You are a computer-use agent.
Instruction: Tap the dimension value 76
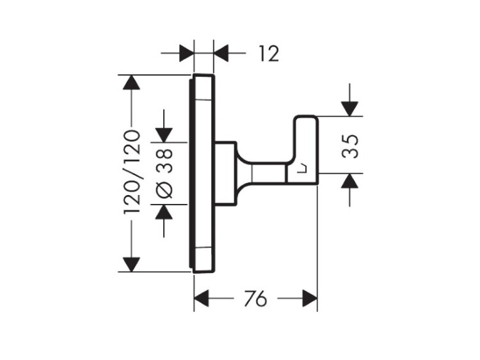pyautogui.click(x=255, y=299)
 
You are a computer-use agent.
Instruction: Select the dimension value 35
pyautogui.click(x=349, y=145)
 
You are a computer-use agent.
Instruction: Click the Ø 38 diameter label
pyautogui.click(x=165, y=172)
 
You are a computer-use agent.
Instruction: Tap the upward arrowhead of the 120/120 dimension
pyautogui.click(x=132, y=83)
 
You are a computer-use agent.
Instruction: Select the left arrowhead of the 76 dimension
pyautogui.click(x=202, y=299)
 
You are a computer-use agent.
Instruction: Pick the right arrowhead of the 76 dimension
pyautogui.click(x=310, y=299)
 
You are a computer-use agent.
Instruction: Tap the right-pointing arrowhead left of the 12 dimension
pyautogui.click(x=186, y=52)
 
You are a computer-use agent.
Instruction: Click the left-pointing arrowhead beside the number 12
pyautogui.click(x=221, y=52)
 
